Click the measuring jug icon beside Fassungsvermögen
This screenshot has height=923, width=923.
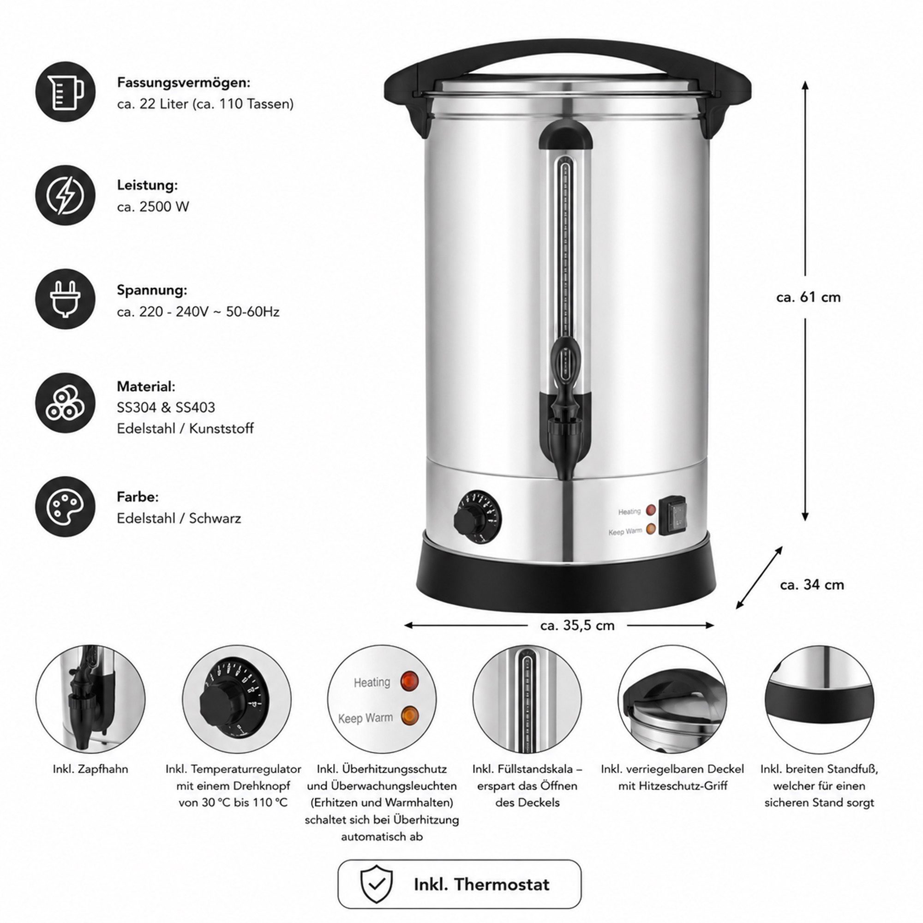(66, 91)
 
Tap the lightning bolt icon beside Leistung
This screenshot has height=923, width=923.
(66, 195)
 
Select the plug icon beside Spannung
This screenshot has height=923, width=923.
(66, 299)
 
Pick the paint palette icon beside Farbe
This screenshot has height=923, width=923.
(66, 506)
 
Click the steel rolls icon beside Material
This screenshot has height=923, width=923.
(66, 403)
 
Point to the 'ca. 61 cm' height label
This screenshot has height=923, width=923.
(809, 297)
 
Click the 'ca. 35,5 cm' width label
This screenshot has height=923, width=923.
(578, 625)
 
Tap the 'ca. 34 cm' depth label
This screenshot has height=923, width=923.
(812, 584)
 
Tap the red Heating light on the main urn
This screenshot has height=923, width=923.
(651, 510)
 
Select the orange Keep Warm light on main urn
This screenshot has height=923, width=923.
(651, 529)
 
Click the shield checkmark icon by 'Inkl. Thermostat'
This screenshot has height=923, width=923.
(377, 884)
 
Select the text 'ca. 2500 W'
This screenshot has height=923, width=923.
(153, 206)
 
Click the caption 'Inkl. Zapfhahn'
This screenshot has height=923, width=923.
(90, 769)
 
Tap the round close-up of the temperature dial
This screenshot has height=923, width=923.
(236, 700)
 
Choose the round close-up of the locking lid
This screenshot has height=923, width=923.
(673, 700)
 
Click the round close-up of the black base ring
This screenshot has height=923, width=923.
(820, 700)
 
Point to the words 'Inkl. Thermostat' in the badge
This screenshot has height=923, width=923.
(481, 884)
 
